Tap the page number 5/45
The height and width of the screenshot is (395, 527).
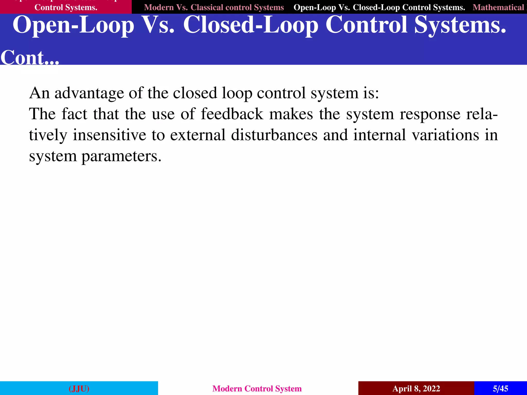[x=500, y=388]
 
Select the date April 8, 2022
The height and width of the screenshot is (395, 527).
[x=416, y=388]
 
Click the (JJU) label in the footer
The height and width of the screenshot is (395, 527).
[x=79, y=388]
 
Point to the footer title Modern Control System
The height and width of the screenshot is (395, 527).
[x=257, y=388]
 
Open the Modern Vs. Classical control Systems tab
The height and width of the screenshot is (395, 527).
[x=214, y=7]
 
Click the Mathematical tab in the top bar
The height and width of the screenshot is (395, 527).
[x=498, y=7]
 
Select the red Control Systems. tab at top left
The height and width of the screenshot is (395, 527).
[x=66, y=7]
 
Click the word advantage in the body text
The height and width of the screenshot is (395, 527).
[x=89, y=93]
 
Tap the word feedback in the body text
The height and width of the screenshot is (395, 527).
[x=232, y=114]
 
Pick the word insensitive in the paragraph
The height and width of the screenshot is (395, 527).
[x=109, y=135]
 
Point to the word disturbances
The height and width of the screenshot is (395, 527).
[x=274, y=135]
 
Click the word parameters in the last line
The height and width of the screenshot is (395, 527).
[x=121, y=156]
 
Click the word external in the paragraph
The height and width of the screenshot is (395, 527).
[x=198, y=135]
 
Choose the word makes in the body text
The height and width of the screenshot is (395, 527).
[x=291, y=114]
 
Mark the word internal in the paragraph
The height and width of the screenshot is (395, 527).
[x=380, y=135]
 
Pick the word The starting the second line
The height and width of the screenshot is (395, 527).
[x=42, y=114]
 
